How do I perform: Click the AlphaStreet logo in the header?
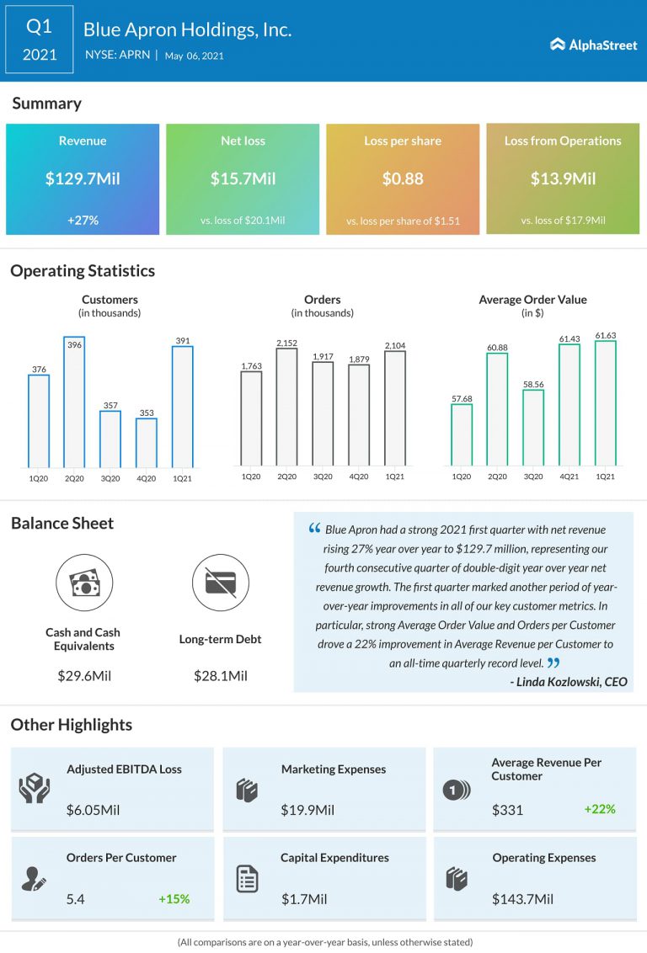[x=594, y=45]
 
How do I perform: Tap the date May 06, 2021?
[x=195, y=56]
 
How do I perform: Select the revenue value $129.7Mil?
[x=83, y=178]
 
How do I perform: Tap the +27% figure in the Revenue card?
[x=83, y=220]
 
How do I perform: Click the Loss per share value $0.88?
[x=403, y=178]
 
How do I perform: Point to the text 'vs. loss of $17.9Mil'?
[x=563, y=221]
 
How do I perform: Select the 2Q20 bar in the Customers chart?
[x=74, y=402]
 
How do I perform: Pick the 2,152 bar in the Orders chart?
[x=286, y=407]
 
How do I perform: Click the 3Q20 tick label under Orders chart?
[x=323, y=477]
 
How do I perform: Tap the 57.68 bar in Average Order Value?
[x=461, y=435]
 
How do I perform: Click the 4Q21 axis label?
[x=569, y=477]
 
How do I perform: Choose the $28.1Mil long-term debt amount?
[x=220, y=675]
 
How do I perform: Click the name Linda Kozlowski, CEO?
[x=569, y=682]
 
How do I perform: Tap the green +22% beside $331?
[x=599, y=809]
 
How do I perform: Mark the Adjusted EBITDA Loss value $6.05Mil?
[x=93, y=810]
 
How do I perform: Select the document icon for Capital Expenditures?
[x=247, y=879]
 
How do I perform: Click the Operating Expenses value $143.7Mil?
[x=522, y=899]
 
